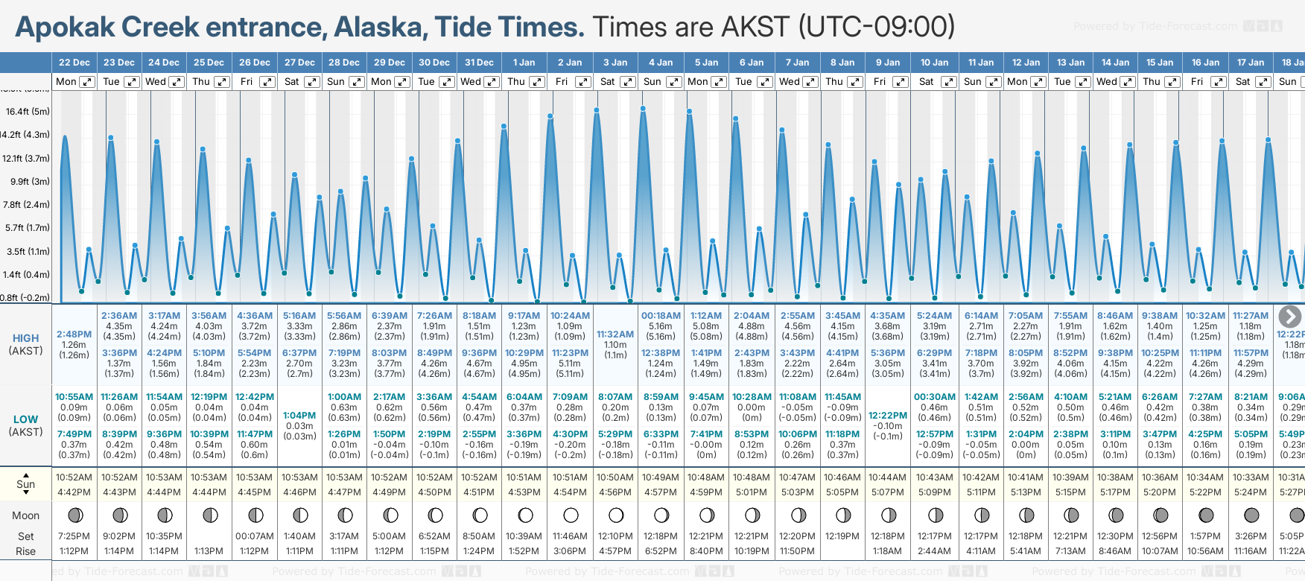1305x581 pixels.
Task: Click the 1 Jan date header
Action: pos(524,63)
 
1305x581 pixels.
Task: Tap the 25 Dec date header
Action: pos(209,63)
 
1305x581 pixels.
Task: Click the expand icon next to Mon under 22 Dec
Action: pos(87,82)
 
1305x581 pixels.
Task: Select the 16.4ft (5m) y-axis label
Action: pos(28,112)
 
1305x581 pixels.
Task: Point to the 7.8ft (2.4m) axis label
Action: pos(27,204)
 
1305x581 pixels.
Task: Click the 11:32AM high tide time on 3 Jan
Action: pos(615,334)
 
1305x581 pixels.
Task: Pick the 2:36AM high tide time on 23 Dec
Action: pos(119,316)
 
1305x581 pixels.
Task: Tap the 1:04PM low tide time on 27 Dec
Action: pos(299,416)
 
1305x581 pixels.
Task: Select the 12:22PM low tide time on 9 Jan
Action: pos(888,416)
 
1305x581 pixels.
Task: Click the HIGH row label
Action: pos(25,338)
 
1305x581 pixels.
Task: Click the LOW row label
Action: pos(25,419)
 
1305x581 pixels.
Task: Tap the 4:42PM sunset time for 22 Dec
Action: pos(74,492)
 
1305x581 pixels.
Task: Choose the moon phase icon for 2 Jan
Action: pos(571,515)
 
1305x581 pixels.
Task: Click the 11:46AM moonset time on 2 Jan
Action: pos(570,536)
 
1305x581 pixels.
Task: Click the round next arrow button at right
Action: pos(1289,317)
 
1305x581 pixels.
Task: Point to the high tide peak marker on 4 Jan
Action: pos(643,109)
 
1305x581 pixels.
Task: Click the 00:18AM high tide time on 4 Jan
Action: pos(661,316)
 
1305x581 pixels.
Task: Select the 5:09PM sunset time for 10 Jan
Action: pos(934,492)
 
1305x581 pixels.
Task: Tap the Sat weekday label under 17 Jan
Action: pos(1242,82)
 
